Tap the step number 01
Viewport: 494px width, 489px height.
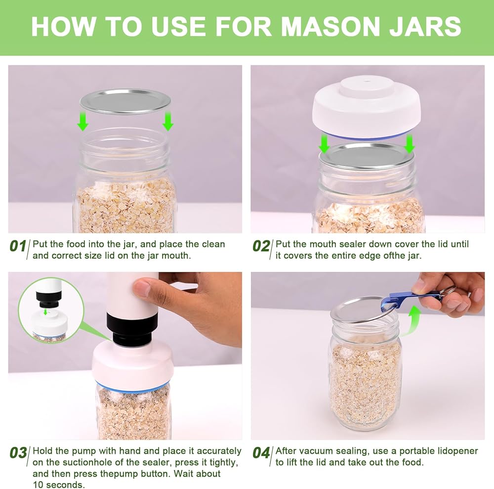point(18,246)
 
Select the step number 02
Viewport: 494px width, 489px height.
point(261,246)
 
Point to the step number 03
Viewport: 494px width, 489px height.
point(18,453)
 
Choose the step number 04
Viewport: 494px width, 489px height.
point(261,453)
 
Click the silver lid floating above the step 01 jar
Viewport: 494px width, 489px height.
point(125,101)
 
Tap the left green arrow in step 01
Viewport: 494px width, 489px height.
point(83,121)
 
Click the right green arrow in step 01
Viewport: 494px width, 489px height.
point(168,121)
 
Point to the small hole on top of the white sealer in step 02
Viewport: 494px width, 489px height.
point(367,82)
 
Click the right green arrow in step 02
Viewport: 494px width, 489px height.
point(409,143)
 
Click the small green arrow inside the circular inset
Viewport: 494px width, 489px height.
point(45,312)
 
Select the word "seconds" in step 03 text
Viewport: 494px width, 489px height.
point(66,485)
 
